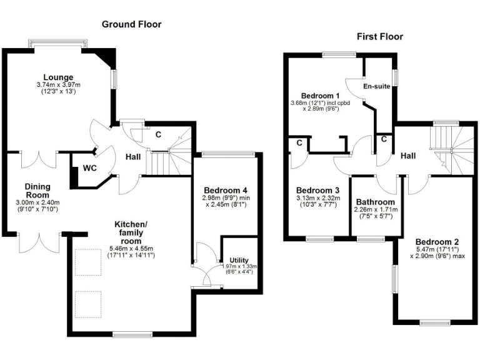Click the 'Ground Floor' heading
pos(131,24)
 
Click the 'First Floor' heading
pos(380,37)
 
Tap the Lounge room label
pos(57,77)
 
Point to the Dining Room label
pos(37,191)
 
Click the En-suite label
pos(378,86)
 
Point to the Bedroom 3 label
pos(317,191)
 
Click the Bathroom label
pos(375,202)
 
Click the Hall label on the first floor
pos(409,154)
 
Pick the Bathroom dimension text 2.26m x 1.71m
pos(375,210)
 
